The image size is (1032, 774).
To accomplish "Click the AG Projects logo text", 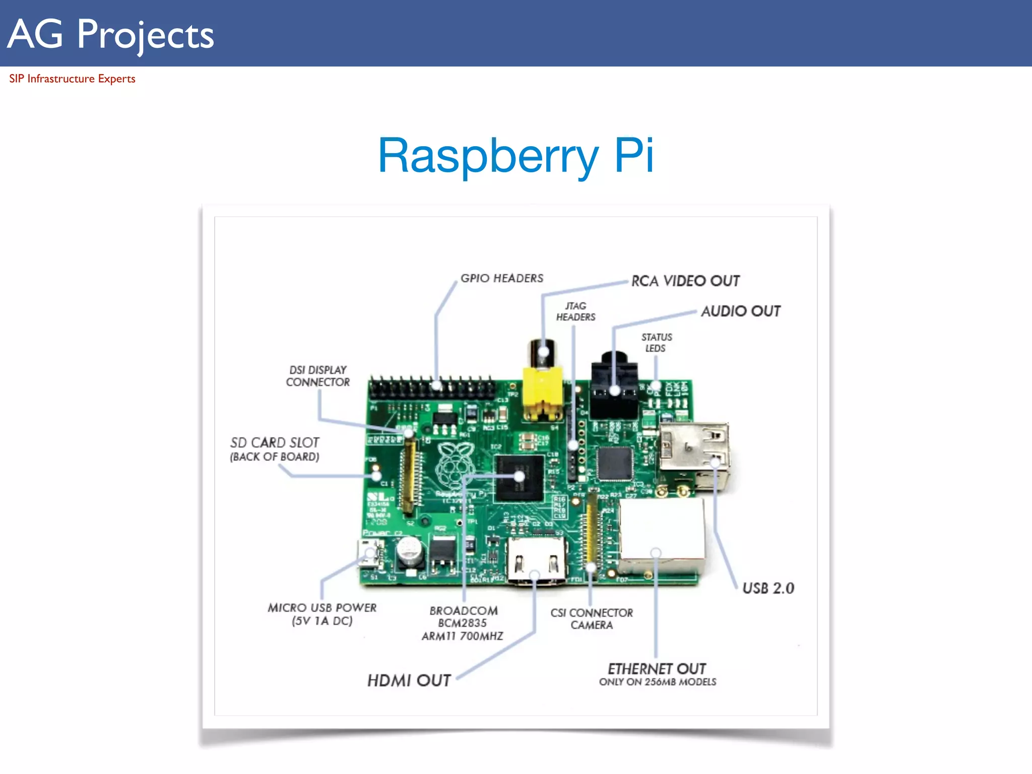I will click(x=111, y=34).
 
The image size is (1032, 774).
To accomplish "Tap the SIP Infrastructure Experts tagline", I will click(x=72, y=79).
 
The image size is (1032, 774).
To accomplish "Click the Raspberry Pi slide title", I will click(x=515, y=155).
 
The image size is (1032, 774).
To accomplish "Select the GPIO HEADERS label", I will click(x=502, y=278).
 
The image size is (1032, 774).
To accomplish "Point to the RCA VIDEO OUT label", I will click(x=685, y=281).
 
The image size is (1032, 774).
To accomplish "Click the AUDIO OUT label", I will click(x=741, y=311).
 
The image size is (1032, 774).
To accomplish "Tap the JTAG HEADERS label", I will click(x=575, y=311).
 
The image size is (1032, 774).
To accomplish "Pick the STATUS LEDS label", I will click(x=656, y=343).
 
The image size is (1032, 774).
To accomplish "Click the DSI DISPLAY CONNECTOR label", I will click(x=317, y=376).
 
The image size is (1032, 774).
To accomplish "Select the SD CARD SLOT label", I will click(x=275, y=448).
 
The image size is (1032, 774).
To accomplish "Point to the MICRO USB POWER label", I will click(x=322, y=614).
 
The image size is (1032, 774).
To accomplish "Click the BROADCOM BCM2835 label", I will click(x=463, y=623).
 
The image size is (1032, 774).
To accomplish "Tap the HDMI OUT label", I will click(x=409, y=680).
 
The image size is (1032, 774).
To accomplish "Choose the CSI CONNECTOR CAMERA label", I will click(x=592, y=619).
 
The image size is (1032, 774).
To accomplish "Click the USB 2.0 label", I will click(x=768, y=588).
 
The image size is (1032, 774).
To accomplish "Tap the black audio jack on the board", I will click(x=614, y=388).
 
